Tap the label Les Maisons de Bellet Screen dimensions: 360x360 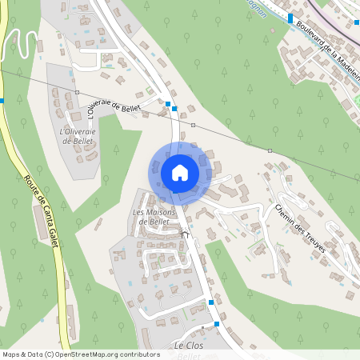pos(154,216)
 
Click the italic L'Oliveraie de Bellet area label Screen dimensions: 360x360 pos(77,134)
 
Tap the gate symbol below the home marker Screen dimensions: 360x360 pos(186,234)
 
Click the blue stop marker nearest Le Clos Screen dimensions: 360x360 pos(217,324)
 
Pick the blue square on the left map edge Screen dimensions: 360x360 pos(2,101)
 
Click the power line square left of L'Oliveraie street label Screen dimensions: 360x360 pos(77,93)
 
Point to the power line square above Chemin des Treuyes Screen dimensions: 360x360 pos(270,150)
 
